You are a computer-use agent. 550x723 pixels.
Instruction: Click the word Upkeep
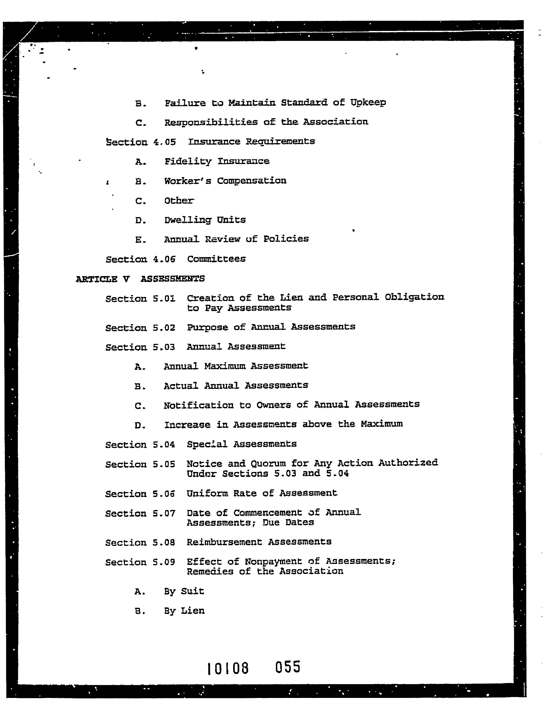pyautogui.click(x=368, y=103)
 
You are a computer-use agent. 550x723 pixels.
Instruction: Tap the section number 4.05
pyautogui.click(x=164, y=142)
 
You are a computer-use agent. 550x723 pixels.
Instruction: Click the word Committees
pyautogui.click(x=216, y=259)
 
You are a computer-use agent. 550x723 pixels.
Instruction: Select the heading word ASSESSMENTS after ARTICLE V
pyautogui.click(x=173, y=279)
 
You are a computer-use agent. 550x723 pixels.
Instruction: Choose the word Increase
pyautogui.click(x=187, y=425)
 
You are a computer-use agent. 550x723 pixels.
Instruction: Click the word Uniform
pyautogui.click(x=207, y=493)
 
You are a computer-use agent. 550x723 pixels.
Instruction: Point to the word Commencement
pyautogui.click(x=268, y=513)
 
